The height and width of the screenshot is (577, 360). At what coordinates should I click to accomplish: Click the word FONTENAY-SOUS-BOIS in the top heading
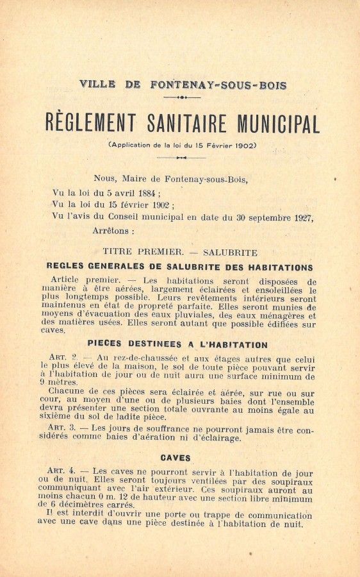(x=218, y=85)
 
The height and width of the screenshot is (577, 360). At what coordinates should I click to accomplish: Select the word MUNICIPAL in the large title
(x=279, y=122)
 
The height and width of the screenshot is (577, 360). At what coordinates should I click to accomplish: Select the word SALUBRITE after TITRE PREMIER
(x=229, y=253)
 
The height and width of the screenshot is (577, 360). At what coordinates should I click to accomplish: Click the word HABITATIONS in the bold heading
(x=277, y=267)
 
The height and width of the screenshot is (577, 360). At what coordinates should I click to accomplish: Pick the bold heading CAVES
(x=176, y=458)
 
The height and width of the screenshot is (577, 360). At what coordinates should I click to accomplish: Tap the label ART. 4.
(x=61, y=472)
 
